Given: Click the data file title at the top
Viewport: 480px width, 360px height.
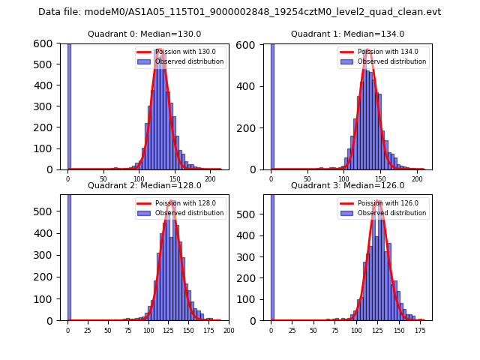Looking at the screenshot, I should [239, 12].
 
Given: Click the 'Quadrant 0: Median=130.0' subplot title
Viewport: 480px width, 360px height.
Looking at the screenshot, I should [144, 34].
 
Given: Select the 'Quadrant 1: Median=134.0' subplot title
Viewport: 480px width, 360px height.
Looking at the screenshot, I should [347, 34].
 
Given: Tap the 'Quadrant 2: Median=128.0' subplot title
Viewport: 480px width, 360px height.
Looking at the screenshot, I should [144, 185].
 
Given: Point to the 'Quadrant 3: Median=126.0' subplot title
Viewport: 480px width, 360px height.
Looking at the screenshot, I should [347, 185].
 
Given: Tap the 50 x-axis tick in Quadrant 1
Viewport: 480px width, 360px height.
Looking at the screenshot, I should [307, 180].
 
